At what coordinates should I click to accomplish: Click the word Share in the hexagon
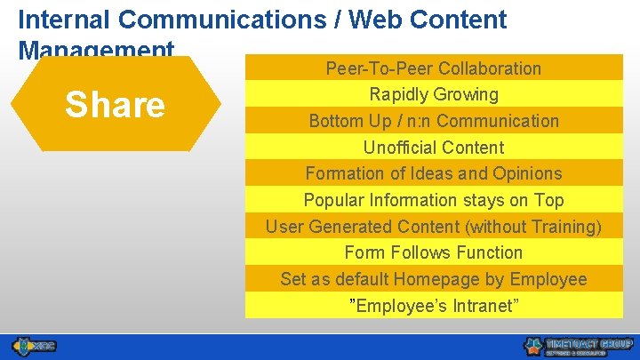click(x=115, y=105)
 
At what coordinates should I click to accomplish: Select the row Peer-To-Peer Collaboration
click(x=433, y=68)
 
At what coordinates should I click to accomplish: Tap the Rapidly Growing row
click(x=433, y=94)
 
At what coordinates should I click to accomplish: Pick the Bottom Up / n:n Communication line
click(x=433, y=121)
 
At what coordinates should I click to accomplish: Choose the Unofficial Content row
click(x=433, y=148)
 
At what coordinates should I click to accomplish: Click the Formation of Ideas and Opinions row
click(x=433, y=173)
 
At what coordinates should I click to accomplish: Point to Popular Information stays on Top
click(x=433, y=200)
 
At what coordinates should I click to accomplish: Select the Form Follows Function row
click(x=433, y=252)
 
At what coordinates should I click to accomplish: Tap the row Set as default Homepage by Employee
click(x=433, y=279)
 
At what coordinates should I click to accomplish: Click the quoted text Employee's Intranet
click(x=433, y=306)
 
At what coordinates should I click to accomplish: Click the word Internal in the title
click(x=61, y=20)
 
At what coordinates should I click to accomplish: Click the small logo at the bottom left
click(x=34, y=345)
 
